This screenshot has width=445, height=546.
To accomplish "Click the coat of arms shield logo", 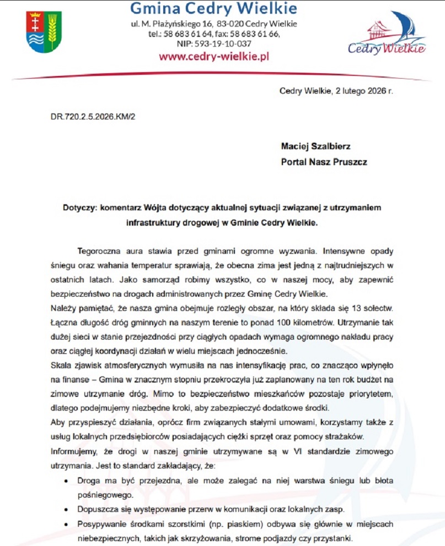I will (44, 32).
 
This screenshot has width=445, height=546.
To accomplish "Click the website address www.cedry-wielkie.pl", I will (213, 56).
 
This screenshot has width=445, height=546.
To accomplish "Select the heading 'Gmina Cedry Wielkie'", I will (214, 9).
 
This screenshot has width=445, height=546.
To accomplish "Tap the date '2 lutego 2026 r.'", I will (364, 91).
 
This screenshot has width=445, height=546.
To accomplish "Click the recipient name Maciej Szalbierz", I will (315, 148).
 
